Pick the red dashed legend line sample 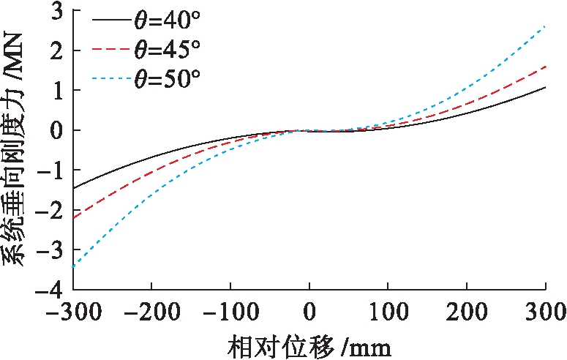(x=108, y=50)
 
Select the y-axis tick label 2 (x=56, y=51)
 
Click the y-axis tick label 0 (x=56, y=131)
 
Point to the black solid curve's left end (x=73, y=189)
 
